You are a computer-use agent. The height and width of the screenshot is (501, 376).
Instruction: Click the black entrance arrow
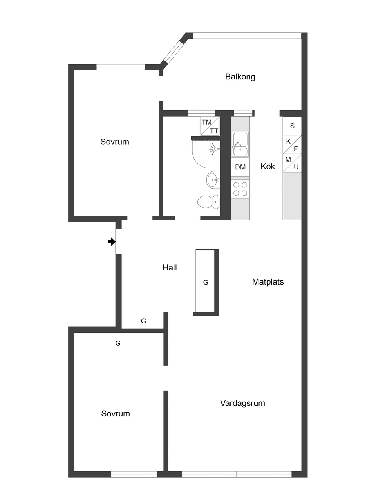coord(112,242)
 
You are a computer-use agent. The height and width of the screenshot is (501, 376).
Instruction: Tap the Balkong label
coord(240,77)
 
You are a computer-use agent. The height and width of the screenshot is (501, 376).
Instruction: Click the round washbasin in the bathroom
coord(213,180)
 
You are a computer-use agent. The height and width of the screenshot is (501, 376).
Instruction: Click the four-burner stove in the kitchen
coord(240,189)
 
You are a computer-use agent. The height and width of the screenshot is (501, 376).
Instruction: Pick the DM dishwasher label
coord(240,167)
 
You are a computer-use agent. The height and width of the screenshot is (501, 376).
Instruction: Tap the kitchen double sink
coord(240,145)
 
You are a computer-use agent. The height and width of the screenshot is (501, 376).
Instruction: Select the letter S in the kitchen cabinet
coord(292,126)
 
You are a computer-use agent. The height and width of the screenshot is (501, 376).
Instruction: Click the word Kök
coord(268,166)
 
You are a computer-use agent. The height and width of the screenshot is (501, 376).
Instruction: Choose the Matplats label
coord(268,282)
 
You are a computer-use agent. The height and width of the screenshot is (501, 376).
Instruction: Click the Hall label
coord(170,268)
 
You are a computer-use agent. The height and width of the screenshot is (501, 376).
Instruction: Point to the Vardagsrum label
coord(242,403)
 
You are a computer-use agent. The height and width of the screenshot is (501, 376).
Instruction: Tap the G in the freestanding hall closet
coord(206,282)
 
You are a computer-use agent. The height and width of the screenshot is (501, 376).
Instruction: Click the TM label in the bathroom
coord(206,123)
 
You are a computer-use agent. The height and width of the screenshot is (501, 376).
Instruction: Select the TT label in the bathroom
coord(214,131)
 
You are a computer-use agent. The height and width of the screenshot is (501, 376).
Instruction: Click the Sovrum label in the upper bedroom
coord(114,142)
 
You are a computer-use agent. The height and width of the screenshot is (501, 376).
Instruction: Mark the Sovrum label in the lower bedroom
coord(115,414)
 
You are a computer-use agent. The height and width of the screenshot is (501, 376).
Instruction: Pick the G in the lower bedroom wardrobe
coord(118,343)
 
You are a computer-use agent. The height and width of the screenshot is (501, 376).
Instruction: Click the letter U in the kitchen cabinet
coord(296,167)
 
